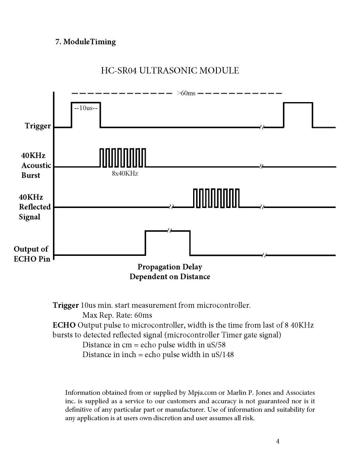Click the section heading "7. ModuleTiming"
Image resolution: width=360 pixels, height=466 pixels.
[x=86, y=42]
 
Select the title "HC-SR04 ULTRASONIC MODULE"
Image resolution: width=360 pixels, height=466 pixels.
[x=169, y=70]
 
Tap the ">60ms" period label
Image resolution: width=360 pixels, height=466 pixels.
[x=186, y=93]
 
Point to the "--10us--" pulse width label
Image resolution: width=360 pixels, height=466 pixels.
[x=86, y=108]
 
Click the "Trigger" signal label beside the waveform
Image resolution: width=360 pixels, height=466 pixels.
[x=38, y=126]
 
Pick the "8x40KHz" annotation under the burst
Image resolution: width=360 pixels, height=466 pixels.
[x=125, y=174]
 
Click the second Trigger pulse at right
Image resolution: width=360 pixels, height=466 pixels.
[x=298, y=114]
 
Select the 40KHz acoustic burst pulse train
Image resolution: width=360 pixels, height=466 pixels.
[x=123, y=158]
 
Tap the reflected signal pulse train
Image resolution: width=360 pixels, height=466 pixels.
[x=216, y=198]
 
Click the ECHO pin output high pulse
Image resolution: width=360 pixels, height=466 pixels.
[x=167, y=242]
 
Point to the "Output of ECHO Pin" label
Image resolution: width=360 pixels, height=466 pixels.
[x=31, y=254]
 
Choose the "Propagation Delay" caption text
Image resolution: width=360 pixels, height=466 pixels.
[x=170, y=267]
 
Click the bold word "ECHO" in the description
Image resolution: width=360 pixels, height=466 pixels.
[x=64, y=325]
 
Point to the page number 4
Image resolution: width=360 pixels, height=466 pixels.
[x=277, y=441]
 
